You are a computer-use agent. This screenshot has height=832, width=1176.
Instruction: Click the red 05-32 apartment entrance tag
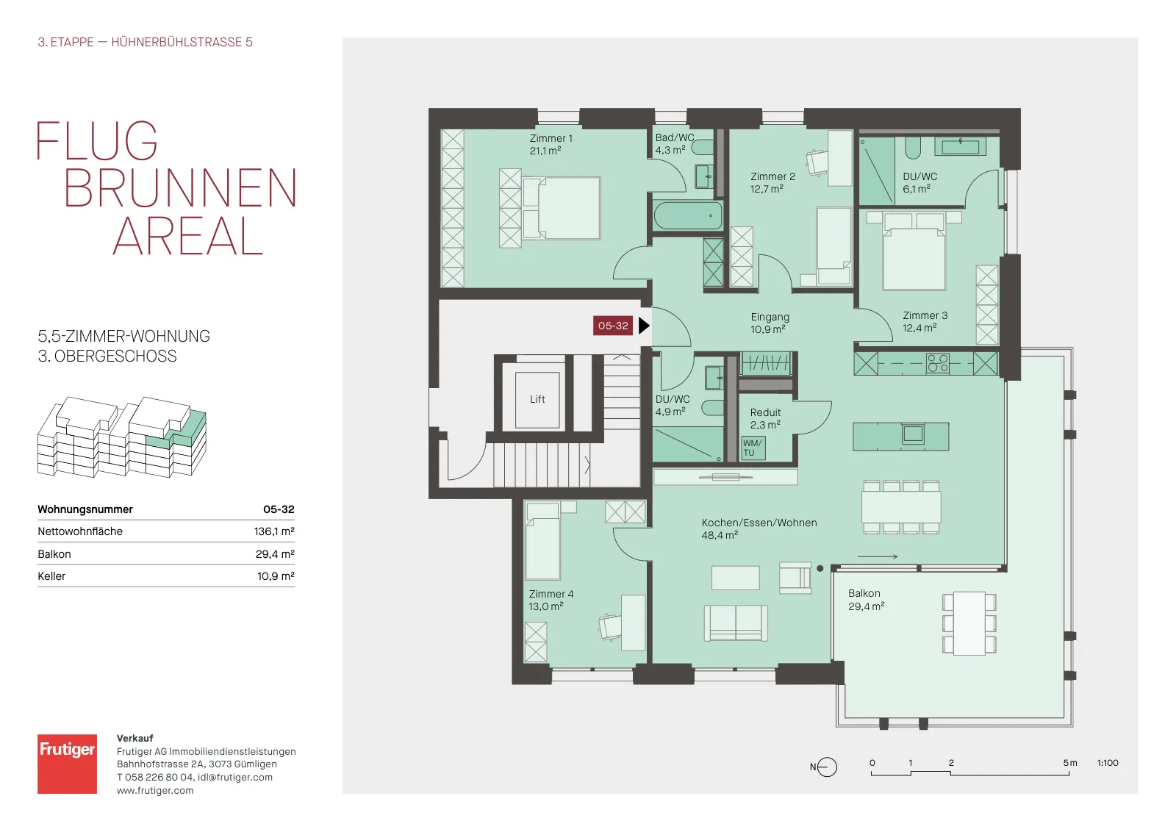613,326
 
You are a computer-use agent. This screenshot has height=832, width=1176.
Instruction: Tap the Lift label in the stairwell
537,400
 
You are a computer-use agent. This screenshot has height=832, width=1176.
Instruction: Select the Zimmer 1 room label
551,139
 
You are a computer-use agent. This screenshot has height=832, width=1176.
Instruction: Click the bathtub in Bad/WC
688,216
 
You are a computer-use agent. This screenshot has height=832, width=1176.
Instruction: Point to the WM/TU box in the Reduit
753,448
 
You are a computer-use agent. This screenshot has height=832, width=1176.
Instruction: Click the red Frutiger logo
67,764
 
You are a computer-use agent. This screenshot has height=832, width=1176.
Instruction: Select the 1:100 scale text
1108,763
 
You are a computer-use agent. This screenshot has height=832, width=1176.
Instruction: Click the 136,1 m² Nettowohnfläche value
274,531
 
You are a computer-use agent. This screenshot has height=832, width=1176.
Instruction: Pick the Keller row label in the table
51,575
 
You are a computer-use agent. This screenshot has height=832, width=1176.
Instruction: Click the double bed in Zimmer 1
562,209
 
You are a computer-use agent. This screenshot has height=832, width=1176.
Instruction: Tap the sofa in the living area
736,623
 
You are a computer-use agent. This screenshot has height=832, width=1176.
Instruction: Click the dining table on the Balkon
969,623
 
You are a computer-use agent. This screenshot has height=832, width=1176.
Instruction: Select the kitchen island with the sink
901,437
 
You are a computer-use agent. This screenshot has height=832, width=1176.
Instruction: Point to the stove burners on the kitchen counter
938,363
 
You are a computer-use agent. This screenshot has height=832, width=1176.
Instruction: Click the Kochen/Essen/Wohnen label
759,523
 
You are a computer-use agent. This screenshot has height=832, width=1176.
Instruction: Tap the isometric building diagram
122,437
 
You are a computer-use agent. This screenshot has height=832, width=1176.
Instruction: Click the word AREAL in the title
187,236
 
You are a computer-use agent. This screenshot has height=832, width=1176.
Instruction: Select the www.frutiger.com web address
155,791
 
